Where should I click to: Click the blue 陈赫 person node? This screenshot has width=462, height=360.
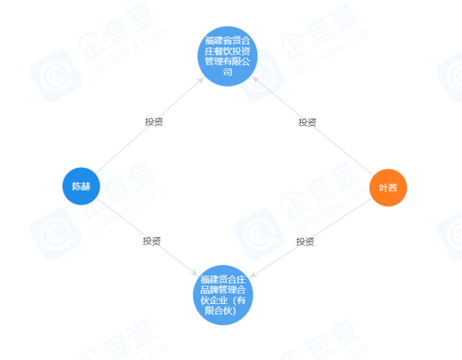[x=81, y=186]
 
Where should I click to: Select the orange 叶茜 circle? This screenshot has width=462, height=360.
[x=388, y=188]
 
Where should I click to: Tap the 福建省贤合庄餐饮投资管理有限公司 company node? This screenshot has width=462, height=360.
[x=227, y=56]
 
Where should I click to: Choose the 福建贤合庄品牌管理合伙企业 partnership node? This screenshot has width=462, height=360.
[x=223, y=295]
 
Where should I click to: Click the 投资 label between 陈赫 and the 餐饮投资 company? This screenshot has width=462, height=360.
[x=154, y=122]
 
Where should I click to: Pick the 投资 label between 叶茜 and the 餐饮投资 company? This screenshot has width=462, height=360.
[x=307, y=122]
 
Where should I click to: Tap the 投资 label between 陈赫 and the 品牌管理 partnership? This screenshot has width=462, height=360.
[x=152, y=241]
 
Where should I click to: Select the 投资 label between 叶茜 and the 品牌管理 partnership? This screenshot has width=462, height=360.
[x=305, y=241]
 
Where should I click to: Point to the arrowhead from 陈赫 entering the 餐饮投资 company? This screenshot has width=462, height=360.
[x=201, y=80]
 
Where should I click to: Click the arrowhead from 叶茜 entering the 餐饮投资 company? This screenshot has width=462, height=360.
[x=255, y=79]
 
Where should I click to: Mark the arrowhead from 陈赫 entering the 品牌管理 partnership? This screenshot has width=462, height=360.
[x=195, y=273]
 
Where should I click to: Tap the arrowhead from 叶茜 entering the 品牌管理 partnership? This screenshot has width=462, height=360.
[x=253, y=275]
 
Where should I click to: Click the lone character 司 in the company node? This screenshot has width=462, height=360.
[x=227, y=72]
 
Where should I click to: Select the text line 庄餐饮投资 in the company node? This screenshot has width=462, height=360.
[x=227, y=51]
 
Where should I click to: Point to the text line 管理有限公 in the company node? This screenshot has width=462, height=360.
[x=227, y=61]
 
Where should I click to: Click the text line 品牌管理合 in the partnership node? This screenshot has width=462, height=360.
[x=223, y=290]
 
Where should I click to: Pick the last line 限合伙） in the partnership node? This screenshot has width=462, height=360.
[x=221, y=311]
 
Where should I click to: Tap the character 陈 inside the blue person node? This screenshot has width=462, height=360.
[x=77, y=186]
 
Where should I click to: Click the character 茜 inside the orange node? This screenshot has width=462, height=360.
[x=393, y=188]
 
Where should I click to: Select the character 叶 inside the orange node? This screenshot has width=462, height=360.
[x=383, y=188]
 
